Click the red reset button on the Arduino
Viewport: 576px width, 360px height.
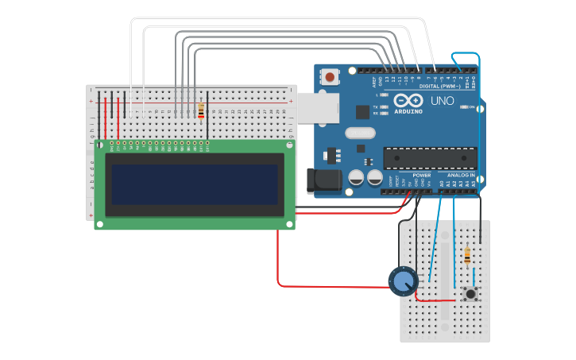tap(329, 77)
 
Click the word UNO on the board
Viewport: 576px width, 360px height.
tap(442, 102)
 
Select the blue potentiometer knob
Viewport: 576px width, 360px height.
tap(403, 281)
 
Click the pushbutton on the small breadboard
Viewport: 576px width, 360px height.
tap(470, 294)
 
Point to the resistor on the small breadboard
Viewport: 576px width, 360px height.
tap(466, 256)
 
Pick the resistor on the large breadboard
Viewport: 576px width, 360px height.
tap(200, 110)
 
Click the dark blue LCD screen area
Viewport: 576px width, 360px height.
tap(194, 184)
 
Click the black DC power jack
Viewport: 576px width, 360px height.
tap(326, 181)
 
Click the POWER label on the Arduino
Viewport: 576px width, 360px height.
tap(422, 175)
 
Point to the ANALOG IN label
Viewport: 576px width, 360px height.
tap(461, 175)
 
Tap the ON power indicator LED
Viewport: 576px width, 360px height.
tap(463, 106)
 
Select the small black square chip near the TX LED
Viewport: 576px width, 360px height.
tap(362, 112)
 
